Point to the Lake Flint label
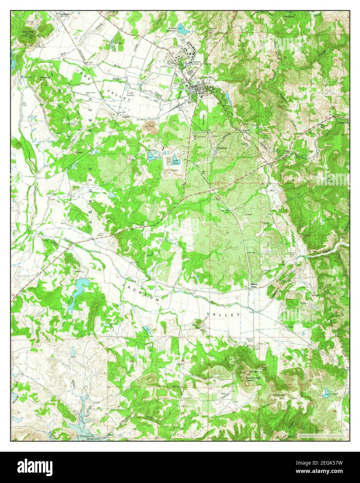[176, 160]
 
